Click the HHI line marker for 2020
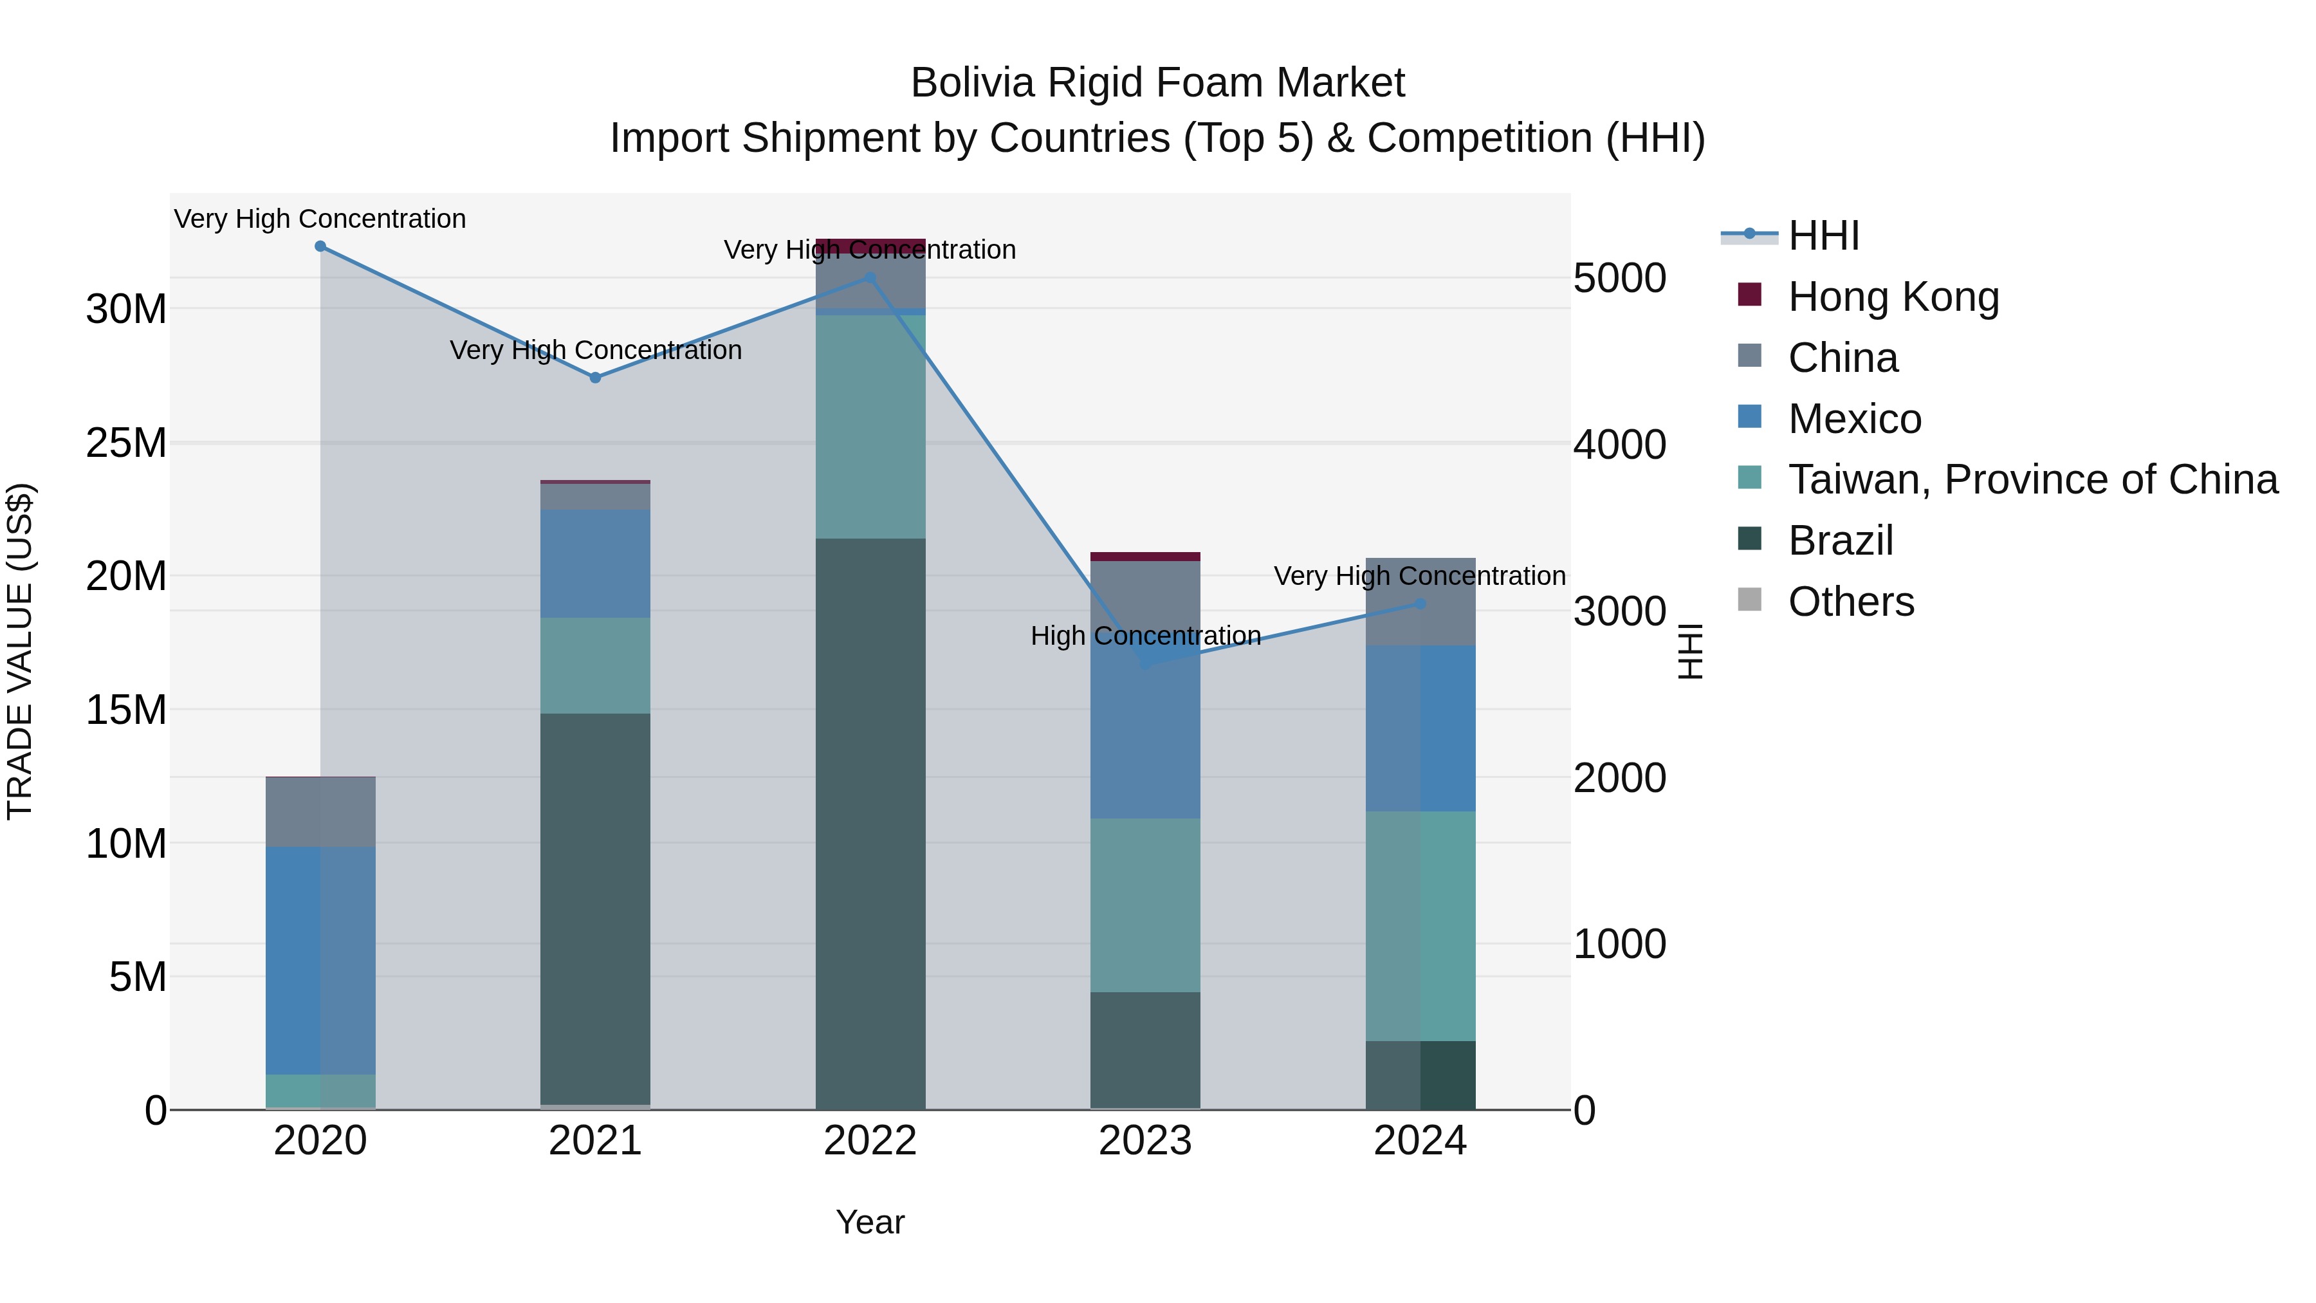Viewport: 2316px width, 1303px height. click(x=320, y=246)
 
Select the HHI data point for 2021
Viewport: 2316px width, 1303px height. click(x=595, y=378)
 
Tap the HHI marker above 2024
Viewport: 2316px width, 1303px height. click(x=1420, y=604)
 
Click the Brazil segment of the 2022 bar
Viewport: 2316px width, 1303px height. click(x=870, y=823)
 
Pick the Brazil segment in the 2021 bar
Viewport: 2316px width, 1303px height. click(x=595, y=908)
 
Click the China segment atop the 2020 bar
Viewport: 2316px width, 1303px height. click(x=320, y=811)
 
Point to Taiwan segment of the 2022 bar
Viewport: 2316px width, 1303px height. click(x=870, y=427)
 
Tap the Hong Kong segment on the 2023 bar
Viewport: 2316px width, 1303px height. click(x=1145, y=557)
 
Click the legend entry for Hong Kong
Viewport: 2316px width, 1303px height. click(x=1893, y=297)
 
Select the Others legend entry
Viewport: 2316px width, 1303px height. click(x=1850, y=602)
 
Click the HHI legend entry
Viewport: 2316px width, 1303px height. click(x=1823, y=236)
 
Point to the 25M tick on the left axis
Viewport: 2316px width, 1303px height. click(x=126, y=443)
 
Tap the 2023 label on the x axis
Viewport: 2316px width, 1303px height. click(x=1145, y=1141)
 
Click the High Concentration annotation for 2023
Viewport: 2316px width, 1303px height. click(x=1145, y=636)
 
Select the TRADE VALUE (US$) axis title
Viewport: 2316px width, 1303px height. click(x=21, y=651)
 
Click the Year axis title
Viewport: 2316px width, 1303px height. click(x=870, y=1222)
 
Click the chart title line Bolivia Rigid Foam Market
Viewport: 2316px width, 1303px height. click(x=1157, y=83)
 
